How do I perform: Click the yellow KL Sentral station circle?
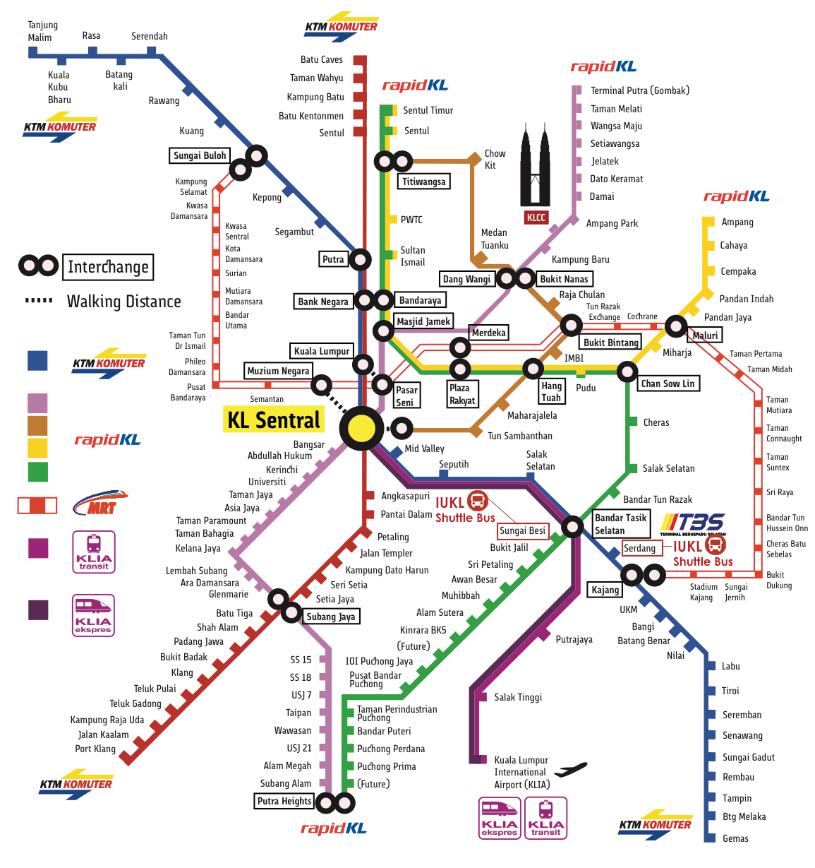click(x=362, y=428)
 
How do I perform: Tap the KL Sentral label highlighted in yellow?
click(x=274, y=420)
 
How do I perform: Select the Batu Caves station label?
click(x=322, y=59)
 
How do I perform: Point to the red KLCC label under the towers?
click(x=536, y=218)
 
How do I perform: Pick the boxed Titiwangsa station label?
click(x=423, y=182)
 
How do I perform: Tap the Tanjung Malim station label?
click(x=42, y=31)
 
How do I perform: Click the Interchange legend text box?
click(x=108, y=267)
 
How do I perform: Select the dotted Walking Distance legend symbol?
click(x=39, y=301)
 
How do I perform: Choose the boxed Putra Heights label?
click(x=284, y=801)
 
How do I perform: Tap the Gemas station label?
click(x=735, y=838)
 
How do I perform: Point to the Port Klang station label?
click(x=95, y=749)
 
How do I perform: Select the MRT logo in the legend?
click(x=100, y=503)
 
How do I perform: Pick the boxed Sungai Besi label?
click(x=522, y=531)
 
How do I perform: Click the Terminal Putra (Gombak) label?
click(x=640, y=90)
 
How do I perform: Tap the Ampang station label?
click(x=737, y=222)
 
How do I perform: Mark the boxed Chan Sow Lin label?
click(x=668, y=384)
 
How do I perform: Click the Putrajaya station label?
click(x=574, y=639)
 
